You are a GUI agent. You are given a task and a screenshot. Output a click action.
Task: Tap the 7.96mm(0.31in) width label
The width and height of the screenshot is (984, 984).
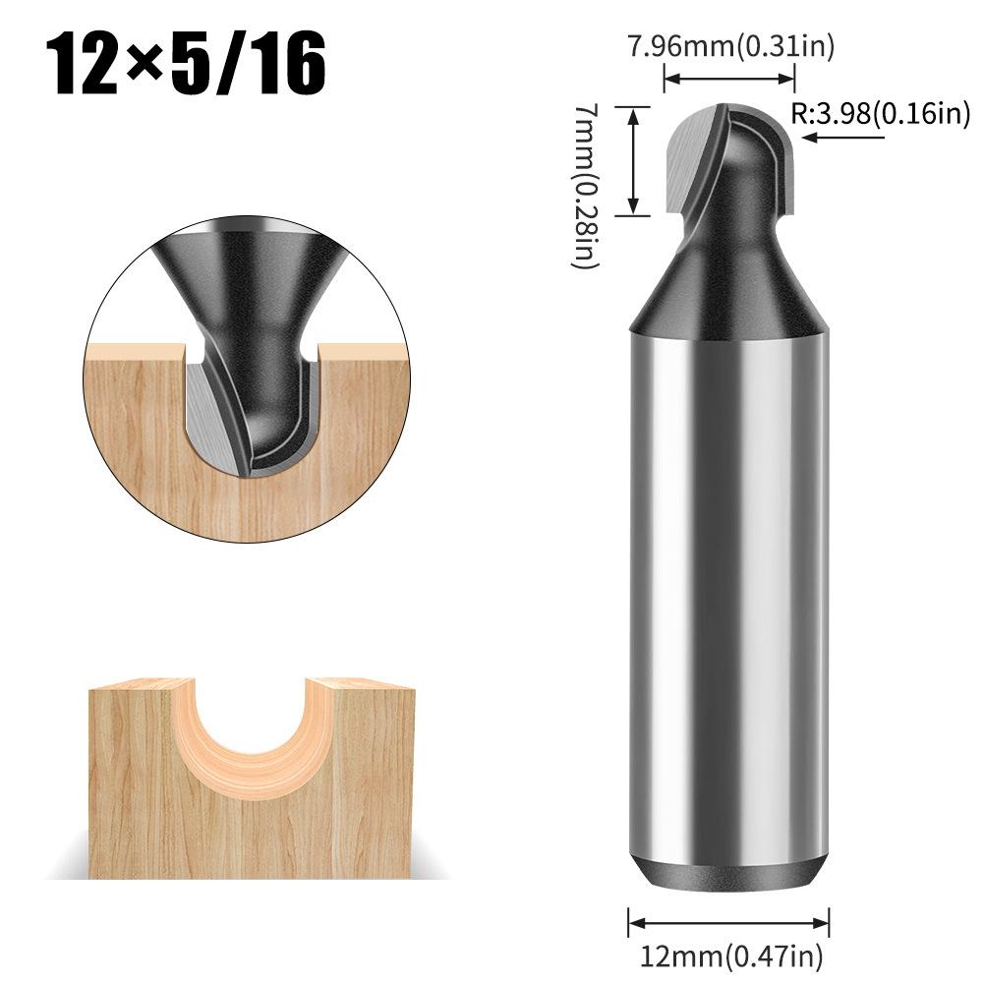click(729, 47)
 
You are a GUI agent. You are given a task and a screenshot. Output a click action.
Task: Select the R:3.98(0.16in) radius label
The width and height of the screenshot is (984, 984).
click(881, 114)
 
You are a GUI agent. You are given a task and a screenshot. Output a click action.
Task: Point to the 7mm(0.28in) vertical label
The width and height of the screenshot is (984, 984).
click(586, 187)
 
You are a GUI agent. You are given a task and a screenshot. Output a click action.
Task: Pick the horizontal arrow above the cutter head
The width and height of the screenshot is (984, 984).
click(728, 81)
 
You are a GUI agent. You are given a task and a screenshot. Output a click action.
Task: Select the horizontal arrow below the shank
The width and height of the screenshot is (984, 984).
click(728, 922)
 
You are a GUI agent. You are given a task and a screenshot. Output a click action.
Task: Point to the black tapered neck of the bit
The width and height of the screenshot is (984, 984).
click(728, 285)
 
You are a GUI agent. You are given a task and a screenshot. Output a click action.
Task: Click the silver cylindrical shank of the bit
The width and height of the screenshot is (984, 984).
click(728, 590)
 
